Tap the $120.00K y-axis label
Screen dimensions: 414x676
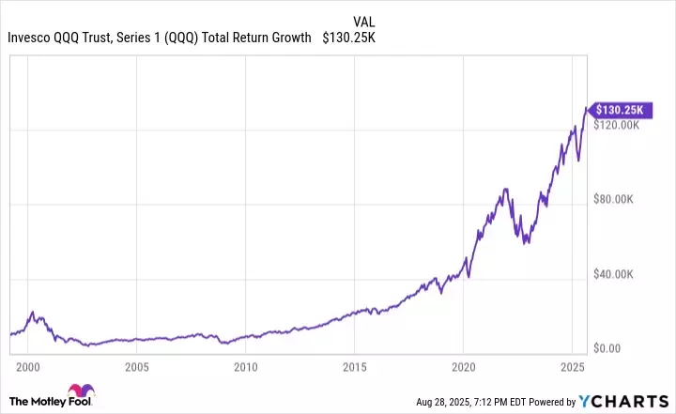pyautogui.click(x=619, y=125)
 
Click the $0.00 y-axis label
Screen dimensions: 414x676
pyautogui.click(x=609, y=348)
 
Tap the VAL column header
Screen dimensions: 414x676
pyautogui.click(x=366, y=22)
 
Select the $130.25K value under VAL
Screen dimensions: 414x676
pyautogui.click(x=349, y=38)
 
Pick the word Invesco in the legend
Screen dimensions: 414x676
pyautogui.click(x=29, y=38)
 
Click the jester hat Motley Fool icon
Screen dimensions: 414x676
pyautogui.click(x=75, y=394)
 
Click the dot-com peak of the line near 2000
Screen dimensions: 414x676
pyautogui.click(x=32, y=312)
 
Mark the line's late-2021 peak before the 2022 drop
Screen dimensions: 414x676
pyautogui.click(x=506, y=189)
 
